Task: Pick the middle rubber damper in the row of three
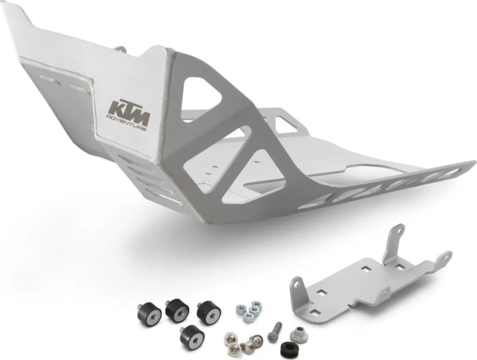click(177, 306)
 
